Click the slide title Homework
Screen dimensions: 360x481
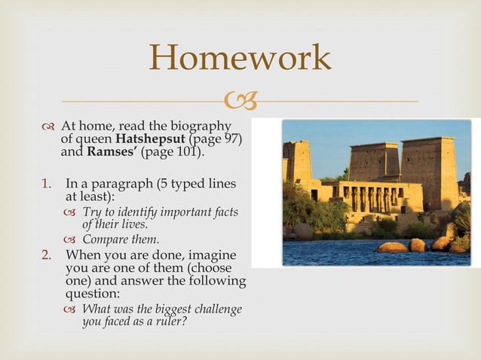[x=240, y=58]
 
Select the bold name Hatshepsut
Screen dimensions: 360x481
[x=150, y=139]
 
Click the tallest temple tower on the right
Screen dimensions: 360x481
[x=429, y=172]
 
